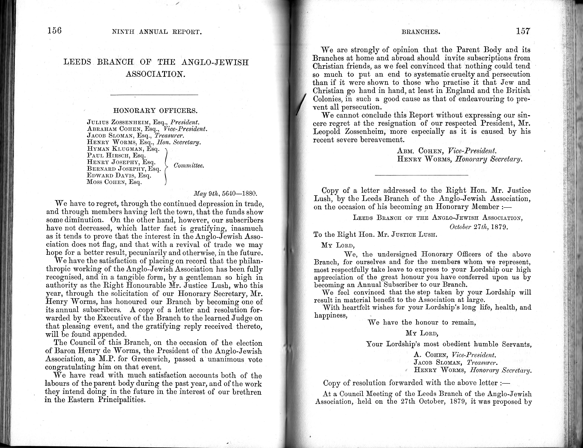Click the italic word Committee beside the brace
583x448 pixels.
point(189,165)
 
